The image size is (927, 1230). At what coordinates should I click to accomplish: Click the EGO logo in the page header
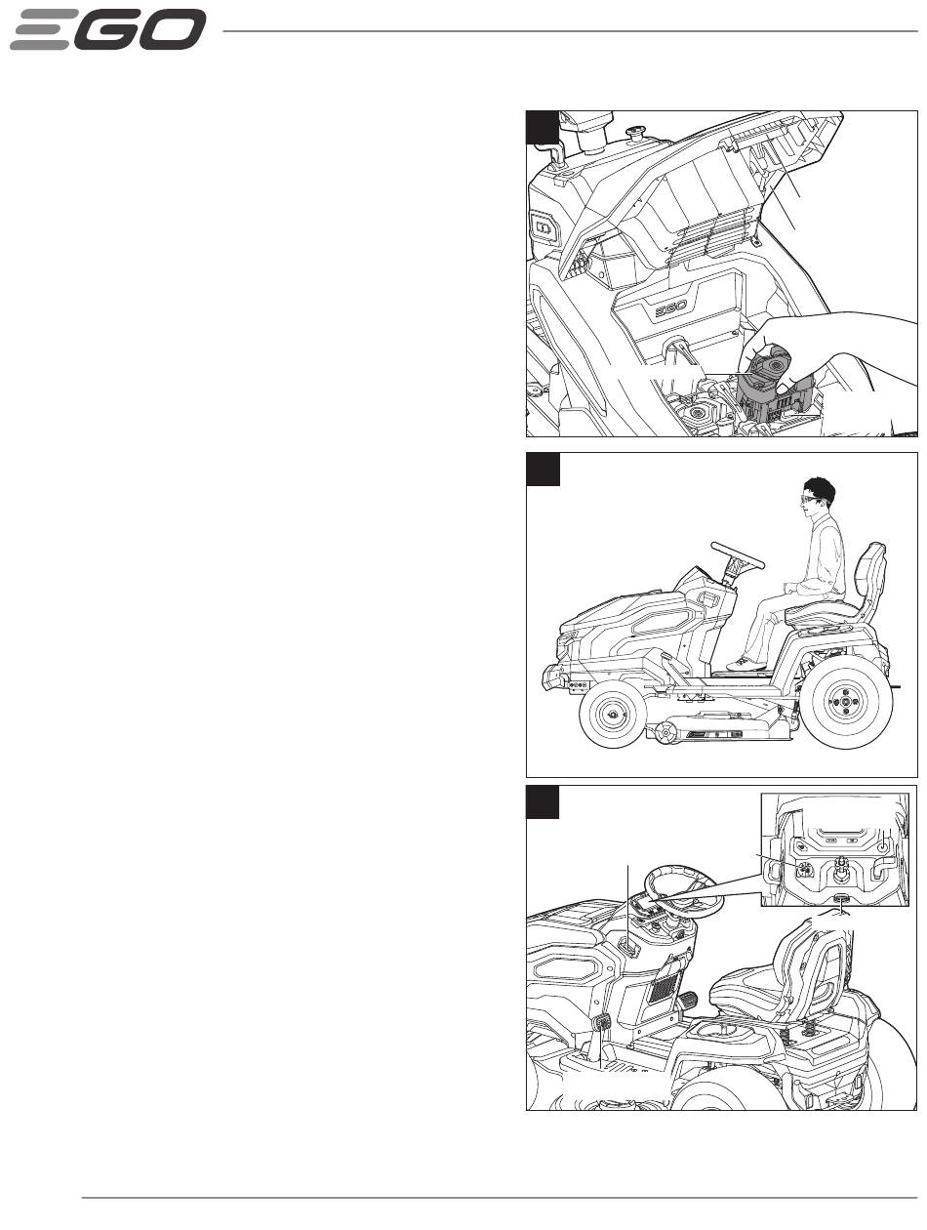[x=107, y=29]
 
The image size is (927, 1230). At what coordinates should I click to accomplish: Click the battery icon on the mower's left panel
[x=543, y=226]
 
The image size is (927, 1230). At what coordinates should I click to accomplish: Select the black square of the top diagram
[x=543, y=127]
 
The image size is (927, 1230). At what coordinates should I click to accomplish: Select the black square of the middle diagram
[x=543, y=469]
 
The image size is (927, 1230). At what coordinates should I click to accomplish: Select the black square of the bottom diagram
[x=543, y=801]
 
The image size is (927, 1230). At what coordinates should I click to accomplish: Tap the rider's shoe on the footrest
[x=746, y=665]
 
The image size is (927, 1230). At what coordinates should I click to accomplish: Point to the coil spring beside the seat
[x=808, y=1032]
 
